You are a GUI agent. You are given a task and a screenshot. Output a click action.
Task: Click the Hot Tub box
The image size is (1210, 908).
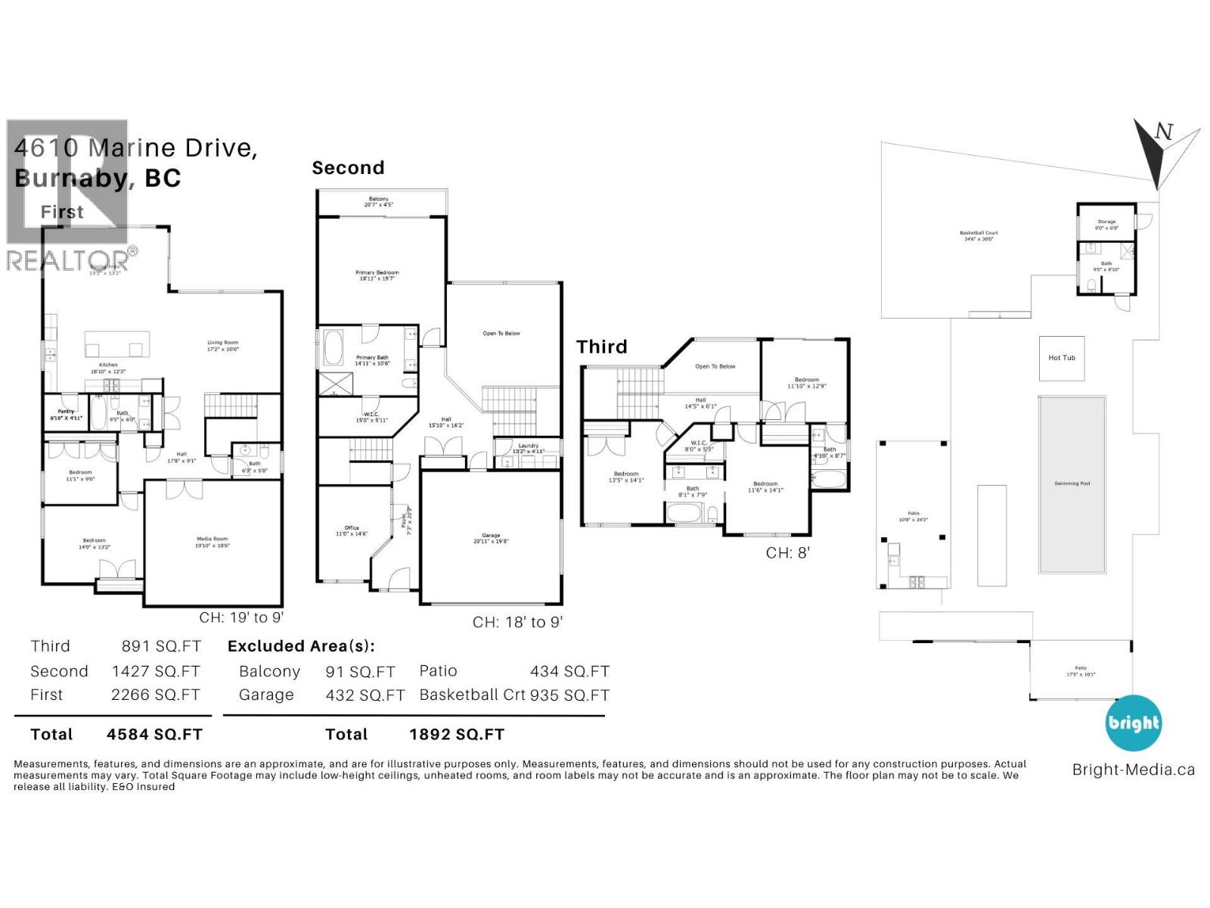click(1061, 358)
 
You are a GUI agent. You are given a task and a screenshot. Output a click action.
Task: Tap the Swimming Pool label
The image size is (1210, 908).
click(1072, 484)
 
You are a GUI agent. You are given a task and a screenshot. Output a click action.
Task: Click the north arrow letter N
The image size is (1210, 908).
click(1164, 132)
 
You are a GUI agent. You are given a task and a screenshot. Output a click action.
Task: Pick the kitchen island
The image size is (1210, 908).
click(114, 344)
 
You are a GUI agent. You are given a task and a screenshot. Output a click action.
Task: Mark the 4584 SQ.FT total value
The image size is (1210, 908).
click(154, 734)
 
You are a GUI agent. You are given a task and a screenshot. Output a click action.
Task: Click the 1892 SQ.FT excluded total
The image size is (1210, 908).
click(456, 734)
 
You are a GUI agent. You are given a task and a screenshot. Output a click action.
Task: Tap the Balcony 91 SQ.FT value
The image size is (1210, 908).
click(360, 672)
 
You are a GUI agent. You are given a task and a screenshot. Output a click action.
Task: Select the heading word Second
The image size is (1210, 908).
click(348, 168)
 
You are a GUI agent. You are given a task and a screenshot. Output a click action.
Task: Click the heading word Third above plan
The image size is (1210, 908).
click(602, 347)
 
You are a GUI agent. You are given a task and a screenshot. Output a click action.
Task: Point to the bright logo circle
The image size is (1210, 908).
click(1133, 723)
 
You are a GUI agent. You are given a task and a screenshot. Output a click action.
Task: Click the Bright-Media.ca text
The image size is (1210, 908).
click(1133, 770)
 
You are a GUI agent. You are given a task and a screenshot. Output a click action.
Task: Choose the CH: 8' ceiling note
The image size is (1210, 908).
click(787, 553)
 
